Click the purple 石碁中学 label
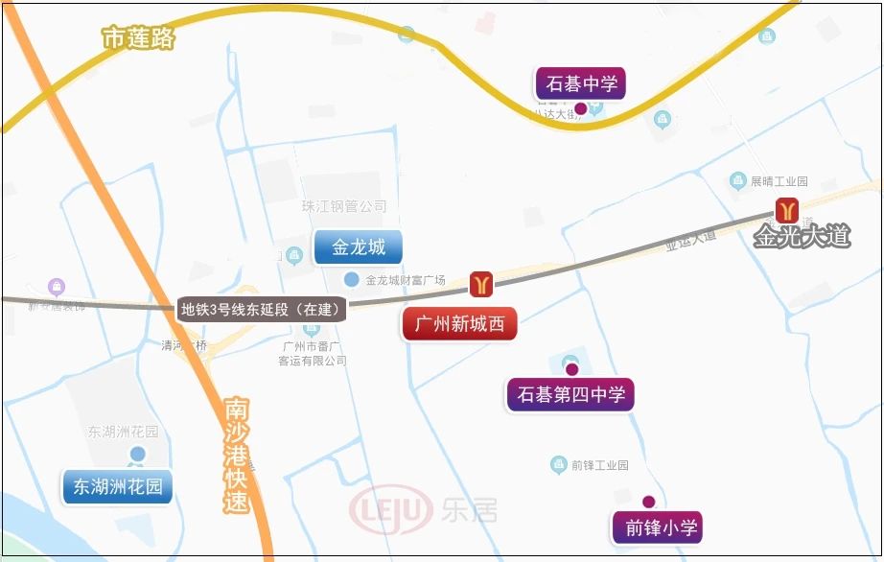point(580,83)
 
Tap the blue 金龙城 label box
point(359,247)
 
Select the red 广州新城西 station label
point(459,324)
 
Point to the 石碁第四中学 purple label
point(570,394)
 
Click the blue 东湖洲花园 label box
point(118,486)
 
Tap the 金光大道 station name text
point(802,236)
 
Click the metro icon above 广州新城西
point(481,283)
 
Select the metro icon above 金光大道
point(788,209)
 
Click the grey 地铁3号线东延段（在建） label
point(263,309)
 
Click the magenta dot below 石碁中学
point(580,109)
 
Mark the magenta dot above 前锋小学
point(648,502)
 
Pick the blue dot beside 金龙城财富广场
point(351,279)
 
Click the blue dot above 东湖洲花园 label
point(138,454)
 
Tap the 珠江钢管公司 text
point(344,206)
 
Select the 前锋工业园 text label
point(599,465)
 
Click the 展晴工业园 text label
point(779,181)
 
